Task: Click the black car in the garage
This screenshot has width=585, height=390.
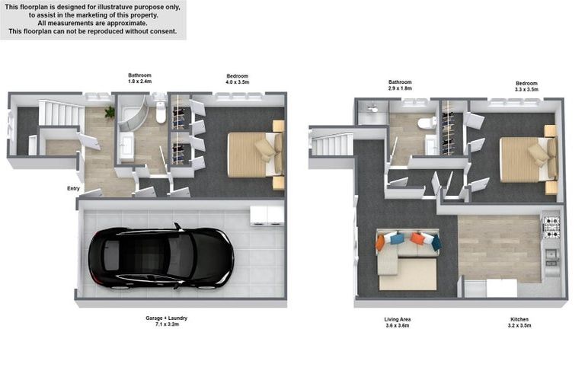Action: point(161,257)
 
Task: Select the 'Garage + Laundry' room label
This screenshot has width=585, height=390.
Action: point(166,318)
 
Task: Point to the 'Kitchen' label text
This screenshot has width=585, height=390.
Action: point(519,319)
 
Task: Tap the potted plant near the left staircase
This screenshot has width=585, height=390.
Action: point(110,112)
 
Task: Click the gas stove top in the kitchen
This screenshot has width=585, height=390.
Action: point(551,226)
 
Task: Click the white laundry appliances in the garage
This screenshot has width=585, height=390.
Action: point(267,214)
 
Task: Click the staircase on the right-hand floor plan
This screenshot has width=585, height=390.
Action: point(331,144)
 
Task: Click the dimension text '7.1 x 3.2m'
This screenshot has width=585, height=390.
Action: point(166,324)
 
